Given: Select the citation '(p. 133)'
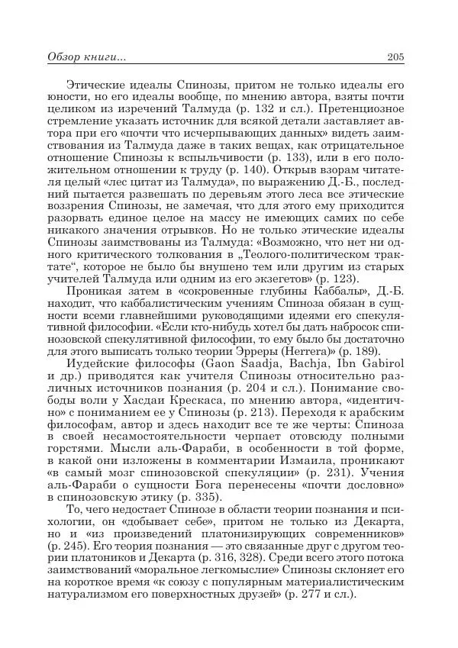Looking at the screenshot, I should click(289, 157).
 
